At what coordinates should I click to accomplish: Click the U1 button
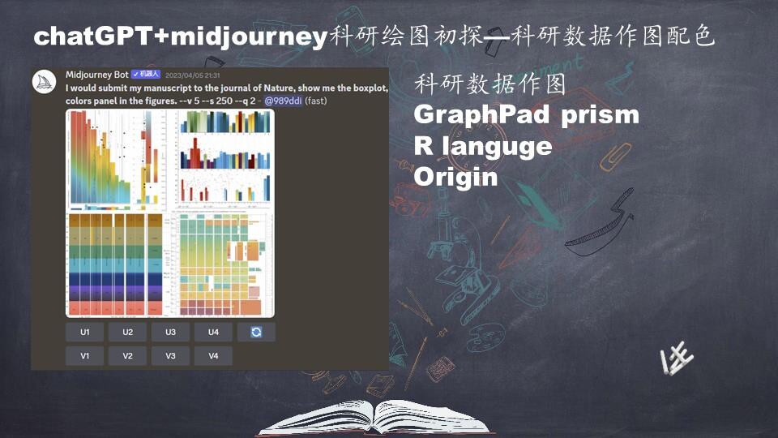tap(85, 332)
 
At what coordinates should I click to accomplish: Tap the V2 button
tap(128, 355)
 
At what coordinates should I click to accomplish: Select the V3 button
tap(170, 355)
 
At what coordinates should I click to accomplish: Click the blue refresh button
tap(256, 332)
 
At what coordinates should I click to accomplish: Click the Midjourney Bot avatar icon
tap(45, 82)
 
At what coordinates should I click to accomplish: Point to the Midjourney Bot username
tap(96, 75)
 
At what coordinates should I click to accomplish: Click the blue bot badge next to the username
tap(146, 75)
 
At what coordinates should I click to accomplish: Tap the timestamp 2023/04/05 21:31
tap(192, 75)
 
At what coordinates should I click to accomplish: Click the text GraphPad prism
tap(526, 115)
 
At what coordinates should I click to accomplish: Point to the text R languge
tap(483, 146)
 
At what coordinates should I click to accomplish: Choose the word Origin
tap(455, 177)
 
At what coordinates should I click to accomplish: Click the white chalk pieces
tap(677, 359)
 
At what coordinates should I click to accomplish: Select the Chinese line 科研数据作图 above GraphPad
tap(489, 84)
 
